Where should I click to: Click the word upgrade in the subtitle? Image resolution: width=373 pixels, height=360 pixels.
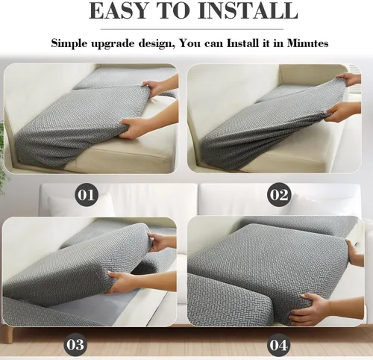click(x=113, y=44)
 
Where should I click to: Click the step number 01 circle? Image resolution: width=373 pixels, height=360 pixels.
click(x=87, y=194)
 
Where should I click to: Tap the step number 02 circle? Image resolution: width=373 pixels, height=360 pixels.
click(x=279, y=194)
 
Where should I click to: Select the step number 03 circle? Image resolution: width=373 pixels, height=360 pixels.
click(x=75, y=345)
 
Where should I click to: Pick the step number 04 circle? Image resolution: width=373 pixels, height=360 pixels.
click(x=278, y=345)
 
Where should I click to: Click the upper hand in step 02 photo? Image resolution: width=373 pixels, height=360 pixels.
click(x=348, y=79)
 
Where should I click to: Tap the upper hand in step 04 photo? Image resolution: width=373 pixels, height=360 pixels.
click(x=354, y=252)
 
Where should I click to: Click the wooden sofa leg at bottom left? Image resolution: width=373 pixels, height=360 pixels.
click(x=10, y=334)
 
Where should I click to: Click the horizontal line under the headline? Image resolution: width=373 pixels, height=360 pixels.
click(x=192, y=29)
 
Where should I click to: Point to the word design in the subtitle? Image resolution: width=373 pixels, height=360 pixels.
click(x=155, y=44)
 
